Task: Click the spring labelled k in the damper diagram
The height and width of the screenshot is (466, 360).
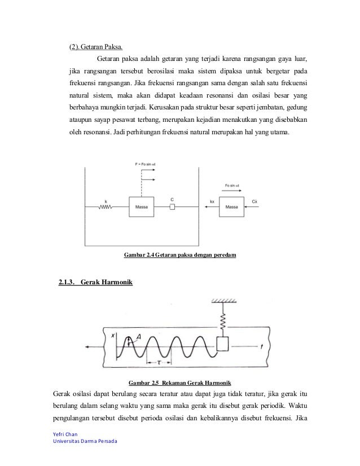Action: [x=105, y=207]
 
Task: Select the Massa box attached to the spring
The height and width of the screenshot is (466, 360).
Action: [x=142, y=207]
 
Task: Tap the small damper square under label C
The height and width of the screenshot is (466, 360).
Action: [x=172, y=207]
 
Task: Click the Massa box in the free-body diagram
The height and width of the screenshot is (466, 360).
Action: [x=231, y=207]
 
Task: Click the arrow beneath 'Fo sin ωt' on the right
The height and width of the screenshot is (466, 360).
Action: [x=233, y=191]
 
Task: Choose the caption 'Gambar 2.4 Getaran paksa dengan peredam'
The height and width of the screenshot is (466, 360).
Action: [x=179, y=256]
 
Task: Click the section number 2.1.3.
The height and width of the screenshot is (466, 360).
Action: [x=68, y=282]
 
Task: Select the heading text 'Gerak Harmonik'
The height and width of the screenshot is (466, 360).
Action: [x=107, y=282]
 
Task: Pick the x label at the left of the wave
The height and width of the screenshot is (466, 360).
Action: [x=113, y=335]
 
